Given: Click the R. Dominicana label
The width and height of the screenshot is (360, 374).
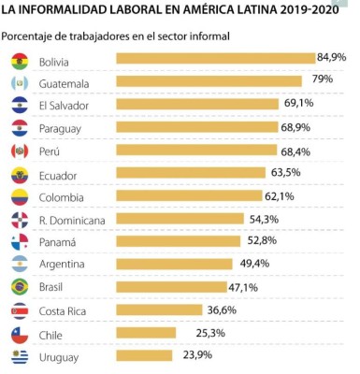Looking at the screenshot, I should pos(72,220).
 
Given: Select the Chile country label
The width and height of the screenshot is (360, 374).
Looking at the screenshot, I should pos(51,333).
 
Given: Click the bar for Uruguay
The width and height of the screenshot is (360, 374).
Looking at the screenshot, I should pos(145,355).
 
